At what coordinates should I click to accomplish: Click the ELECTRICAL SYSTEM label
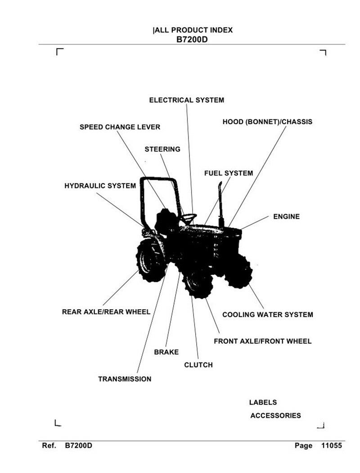(186, 100)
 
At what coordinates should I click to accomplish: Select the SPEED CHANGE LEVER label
(120, 127)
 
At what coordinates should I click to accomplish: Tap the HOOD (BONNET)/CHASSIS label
(267, 122)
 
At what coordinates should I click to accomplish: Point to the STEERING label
(162, 149)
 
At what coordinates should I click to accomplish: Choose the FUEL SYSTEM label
(229, 173)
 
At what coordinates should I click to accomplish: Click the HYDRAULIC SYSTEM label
(100, 185)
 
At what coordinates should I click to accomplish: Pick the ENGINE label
(286, 216)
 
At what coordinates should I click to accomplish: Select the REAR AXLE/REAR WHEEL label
(106, 311)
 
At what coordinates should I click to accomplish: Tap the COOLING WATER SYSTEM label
(268, 315)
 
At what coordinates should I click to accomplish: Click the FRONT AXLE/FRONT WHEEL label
(262, 341)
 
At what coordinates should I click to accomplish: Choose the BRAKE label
(166, 352)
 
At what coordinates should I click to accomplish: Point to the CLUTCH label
(198, 365)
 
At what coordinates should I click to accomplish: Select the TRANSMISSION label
(125, 379)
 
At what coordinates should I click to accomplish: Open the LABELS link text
(263, 402)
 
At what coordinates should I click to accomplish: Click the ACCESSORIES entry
(275, 415)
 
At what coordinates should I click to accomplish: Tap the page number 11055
(332, 446)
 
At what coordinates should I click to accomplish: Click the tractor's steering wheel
(189, 217)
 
